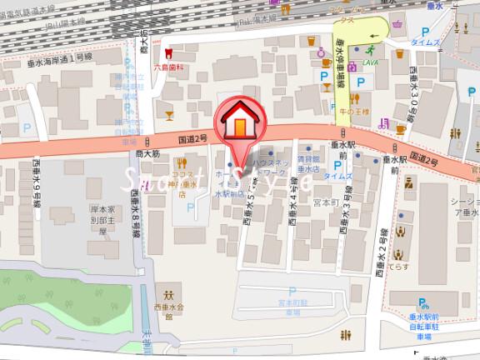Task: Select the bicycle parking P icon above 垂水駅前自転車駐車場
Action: [x=424, y=305]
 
